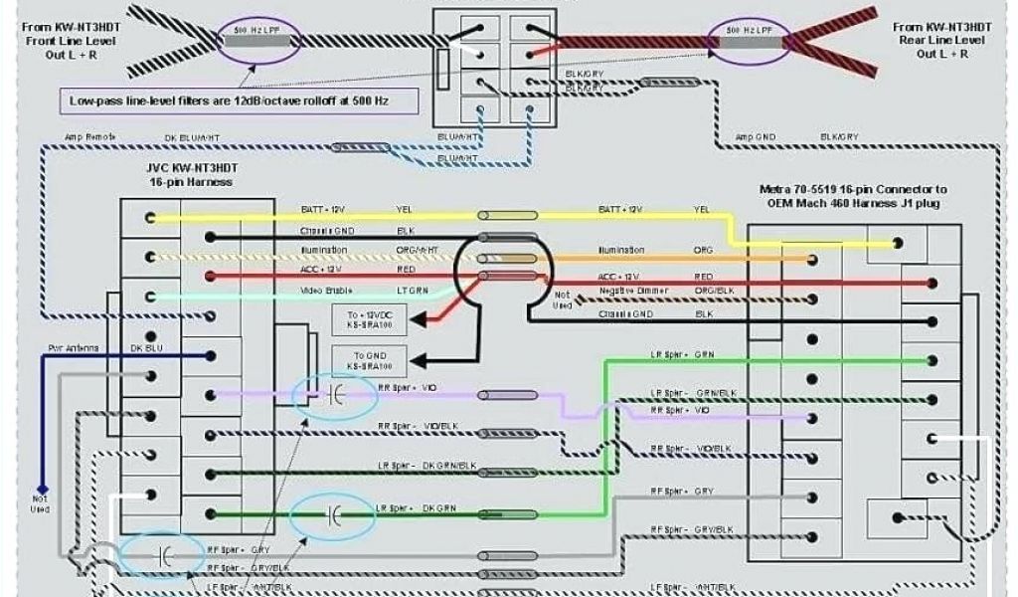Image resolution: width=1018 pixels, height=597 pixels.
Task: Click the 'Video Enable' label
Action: pyautogui.click(x=326, y=291)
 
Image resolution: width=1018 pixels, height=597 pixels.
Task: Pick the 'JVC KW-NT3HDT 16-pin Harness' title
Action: pyautogui.click(x=191, y=175)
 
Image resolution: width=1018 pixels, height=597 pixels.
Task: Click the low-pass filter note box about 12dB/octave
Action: pyautogui.click(x=239, y=100)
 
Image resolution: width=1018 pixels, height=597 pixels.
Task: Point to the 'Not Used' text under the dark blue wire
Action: pyautogui.click(x=41, y=503)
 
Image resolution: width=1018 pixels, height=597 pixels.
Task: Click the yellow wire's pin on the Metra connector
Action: pyautogui.click(x=897, y=243)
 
